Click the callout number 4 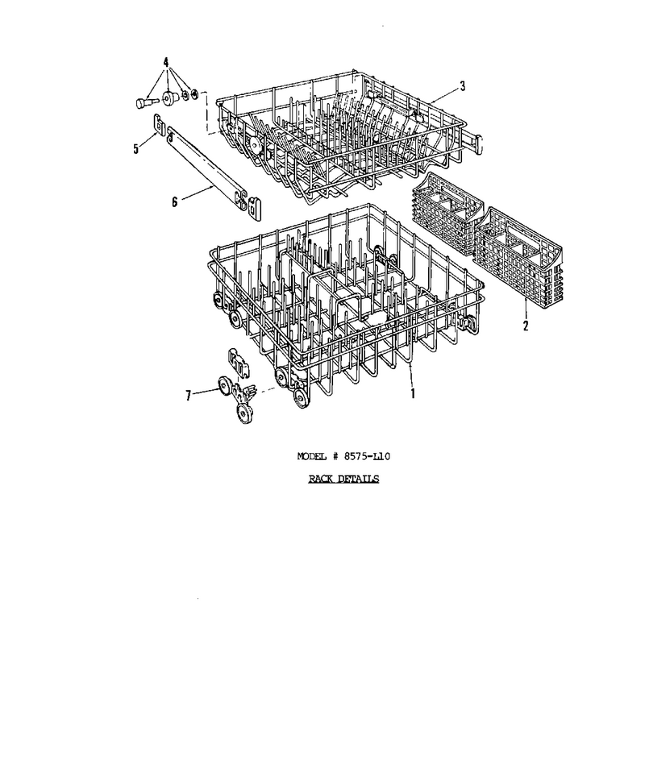click(166, 63)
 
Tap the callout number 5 click(136, 149)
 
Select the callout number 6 click(174, 201)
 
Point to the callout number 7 click(188, 396)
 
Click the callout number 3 click(462, 86)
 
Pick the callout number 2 click(525, 326)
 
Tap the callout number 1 click(413, 393)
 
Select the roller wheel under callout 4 click(170, 98)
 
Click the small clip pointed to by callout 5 click(159, 123)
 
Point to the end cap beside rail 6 click(254, 207)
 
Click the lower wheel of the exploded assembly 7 click(245, 413)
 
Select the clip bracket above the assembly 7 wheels click(239, 362)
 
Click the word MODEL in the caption click(312, 456)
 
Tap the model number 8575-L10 click(367, 456)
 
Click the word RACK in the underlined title click(321, 479)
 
